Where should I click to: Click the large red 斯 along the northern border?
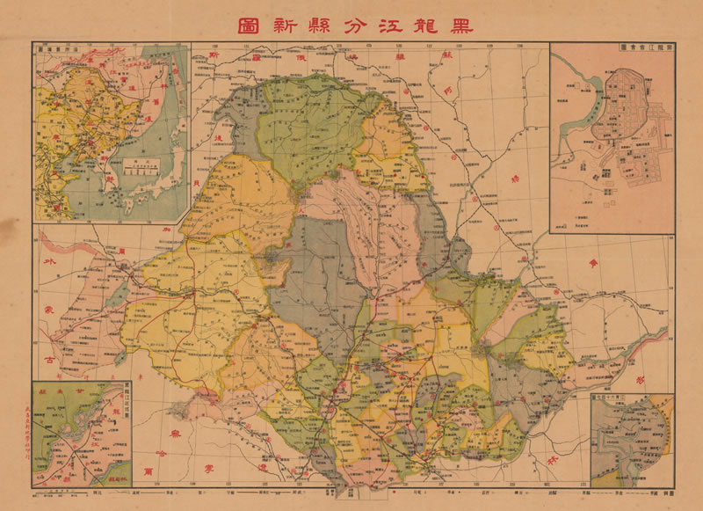coord(214,56)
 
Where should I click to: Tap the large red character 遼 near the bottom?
coord(265,471)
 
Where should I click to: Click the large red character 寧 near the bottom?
coord(208,465)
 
